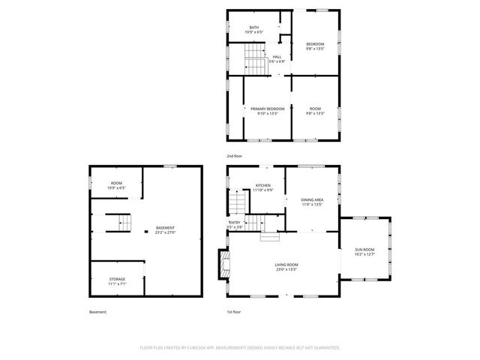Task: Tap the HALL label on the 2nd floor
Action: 277,56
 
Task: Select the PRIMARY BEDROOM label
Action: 268,109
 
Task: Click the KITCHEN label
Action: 262,185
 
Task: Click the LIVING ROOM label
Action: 286,265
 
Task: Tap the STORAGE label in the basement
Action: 116,279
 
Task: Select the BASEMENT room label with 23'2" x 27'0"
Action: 165,228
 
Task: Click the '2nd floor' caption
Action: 235,156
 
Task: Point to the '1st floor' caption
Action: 234,312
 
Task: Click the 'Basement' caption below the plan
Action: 97,312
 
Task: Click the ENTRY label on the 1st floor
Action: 235,223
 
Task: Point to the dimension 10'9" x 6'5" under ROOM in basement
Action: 116,187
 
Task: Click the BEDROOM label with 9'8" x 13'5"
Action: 315,44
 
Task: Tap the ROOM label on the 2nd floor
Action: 315,109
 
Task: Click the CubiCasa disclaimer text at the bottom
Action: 240,348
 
